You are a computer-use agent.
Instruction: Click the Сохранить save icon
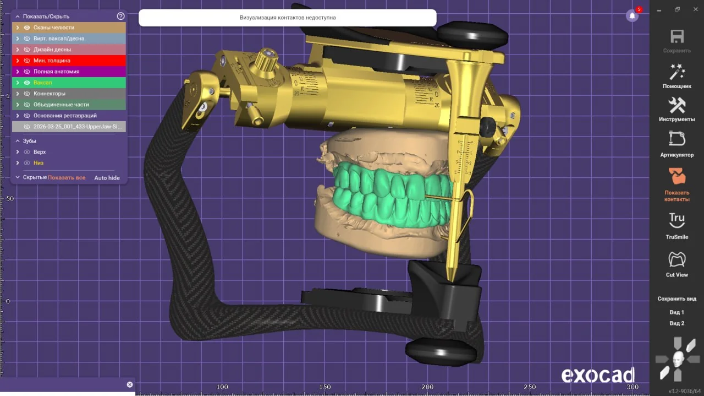pos(677,36)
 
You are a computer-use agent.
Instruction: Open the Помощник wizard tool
pos(677,72)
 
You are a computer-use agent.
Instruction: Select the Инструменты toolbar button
pos(677,105)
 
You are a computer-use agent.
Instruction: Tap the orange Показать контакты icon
pos(676,176)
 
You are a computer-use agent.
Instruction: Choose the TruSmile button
pos(676,220)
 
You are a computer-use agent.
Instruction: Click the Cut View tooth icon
pos(676,259)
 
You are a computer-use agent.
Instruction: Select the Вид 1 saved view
pos(676,312)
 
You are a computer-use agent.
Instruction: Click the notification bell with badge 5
pos(632,15)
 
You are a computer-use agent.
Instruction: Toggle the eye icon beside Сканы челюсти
pos(27,28)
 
